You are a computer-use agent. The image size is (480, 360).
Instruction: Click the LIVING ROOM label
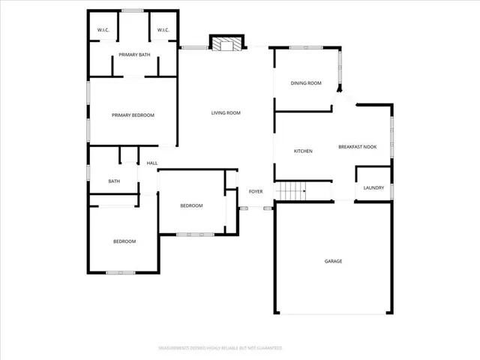pyautogui.click(x=226, y=112)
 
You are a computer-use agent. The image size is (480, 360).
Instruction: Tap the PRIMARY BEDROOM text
pyautogui.click(x=133, y=115)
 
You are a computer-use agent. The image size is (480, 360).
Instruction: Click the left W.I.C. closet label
pyautogui.click(x=103, y=30)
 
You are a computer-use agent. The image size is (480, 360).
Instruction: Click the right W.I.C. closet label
pyautogui.click(x=163, y=30)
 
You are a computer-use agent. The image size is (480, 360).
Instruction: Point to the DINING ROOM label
pyautogui.click(x=306, y=83)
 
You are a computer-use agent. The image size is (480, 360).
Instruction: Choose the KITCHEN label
pyautogui.click(x=303, y=151)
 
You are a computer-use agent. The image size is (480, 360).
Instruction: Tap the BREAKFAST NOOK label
pyautogui.click(x=357, y=147)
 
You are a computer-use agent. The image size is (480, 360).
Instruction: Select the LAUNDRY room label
pyautogui.click(x=373, y=187)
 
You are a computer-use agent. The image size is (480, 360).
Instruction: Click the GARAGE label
pyautogui.click(x=333, y=261)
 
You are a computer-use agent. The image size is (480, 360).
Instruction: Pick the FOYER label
pyautogui.click(x=256, y=191)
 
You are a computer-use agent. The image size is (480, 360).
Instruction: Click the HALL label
pyautogui.click(x=152, y=163)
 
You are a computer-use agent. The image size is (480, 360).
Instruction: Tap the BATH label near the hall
pyautogui.click(x=114, y=181)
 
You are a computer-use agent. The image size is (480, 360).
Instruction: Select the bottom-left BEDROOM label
pyautogui.click(x=124, y=241)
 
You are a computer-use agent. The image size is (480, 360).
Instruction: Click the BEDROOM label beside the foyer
pyautogui.click(x=191, y=205)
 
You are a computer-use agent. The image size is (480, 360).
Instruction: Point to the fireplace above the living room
pyautogui.click(x=226, y=44)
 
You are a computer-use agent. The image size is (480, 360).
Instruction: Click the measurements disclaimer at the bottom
pyautogui.click(x=220, y=348)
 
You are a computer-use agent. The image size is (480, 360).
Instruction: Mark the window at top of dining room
pyautogui.click(x=306, y=49)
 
